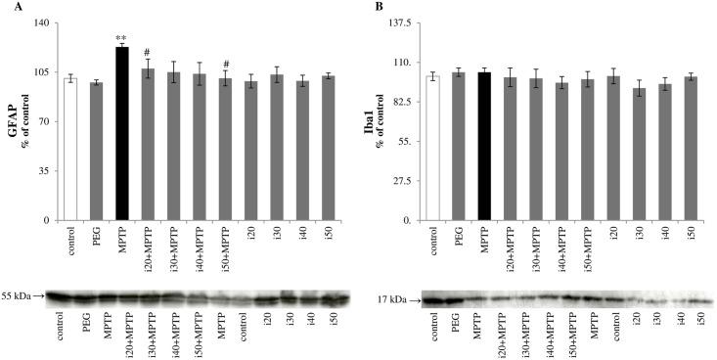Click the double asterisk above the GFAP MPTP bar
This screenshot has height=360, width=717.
coord(121,38)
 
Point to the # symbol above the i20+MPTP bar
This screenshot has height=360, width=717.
coord(147,53)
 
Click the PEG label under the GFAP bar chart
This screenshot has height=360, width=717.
coord(96,237)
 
